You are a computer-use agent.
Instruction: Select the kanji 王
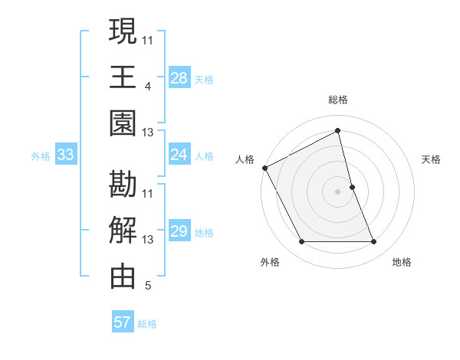[123, 77]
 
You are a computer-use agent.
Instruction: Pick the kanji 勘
[123, 185]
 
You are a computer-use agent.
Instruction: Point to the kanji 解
[123, 231]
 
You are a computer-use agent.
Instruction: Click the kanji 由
[123, 277]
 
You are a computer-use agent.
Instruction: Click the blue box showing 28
[179, 77]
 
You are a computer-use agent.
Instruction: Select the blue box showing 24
[179, 155]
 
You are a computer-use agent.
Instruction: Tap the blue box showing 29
[179, 231]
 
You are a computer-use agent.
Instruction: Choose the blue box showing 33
[66, 155]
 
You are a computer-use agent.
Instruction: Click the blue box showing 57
[122, 322]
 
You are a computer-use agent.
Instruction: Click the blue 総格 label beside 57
[147, 324]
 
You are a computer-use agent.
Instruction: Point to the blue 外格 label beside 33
[41, 156]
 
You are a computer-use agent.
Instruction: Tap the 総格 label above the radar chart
[338, 100]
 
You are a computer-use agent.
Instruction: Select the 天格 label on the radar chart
[431, 159]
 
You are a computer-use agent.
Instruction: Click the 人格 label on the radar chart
[245, 159]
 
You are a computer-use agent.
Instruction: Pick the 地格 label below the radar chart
[402, 262]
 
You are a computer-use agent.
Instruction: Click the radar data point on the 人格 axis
[264, 168]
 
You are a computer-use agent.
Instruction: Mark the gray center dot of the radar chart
[338, 191]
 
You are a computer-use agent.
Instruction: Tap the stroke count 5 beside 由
[147, 286]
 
